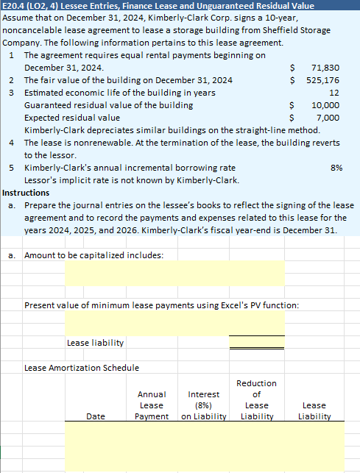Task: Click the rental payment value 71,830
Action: click(325, 67)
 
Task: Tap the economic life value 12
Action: click(334, 93)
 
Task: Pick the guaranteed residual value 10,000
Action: click(325, 105)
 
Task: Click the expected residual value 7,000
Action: click(328, 118)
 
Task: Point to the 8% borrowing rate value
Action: click(336, 168)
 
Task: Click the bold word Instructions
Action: click(26, 193)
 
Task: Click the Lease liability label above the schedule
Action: click(95, 343)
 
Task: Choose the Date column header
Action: click(96, 417)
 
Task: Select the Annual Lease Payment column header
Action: click(152, 405)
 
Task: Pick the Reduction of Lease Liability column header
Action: click(256, 400)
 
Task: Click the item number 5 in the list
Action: click(13, 168)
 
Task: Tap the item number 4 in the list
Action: click(13, 143)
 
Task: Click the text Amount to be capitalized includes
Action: click(94, 255)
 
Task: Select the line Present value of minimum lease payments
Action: click(162, 305)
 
